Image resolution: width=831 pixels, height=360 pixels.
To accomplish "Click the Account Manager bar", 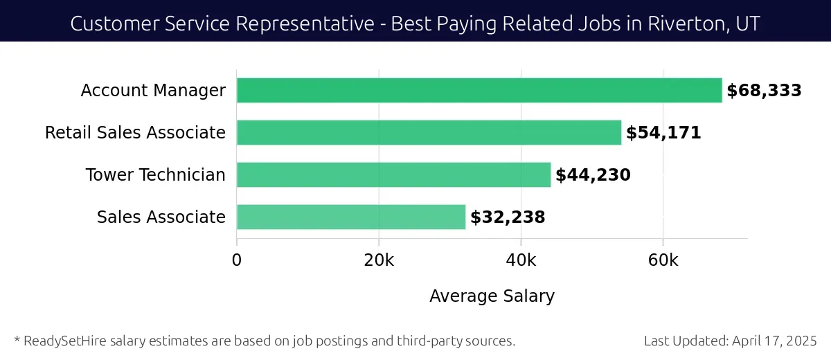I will pos(479,91).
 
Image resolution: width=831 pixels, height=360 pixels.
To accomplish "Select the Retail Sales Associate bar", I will pos(429,133).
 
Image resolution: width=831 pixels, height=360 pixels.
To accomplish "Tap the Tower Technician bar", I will pos(393,175).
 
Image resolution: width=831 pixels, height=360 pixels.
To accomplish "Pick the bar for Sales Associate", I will pos(351,217).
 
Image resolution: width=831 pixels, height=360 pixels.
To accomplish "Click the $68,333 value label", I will pos(764,91).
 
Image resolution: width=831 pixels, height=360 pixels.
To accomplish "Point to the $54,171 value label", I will pos(663,133).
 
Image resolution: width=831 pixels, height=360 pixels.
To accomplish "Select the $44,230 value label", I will pos(593,175).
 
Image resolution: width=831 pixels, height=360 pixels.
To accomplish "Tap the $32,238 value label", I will pos(508,217).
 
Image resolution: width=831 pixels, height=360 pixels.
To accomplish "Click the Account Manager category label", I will pos(153,91).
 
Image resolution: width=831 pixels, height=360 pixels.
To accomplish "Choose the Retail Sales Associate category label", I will pos(135,133).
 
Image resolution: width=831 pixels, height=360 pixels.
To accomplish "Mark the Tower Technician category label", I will pos(155,175).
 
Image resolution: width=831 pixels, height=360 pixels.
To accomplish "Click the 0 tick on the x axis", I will pos(237,260).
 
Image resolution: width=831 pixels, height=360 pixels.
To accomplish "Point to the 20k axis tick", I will pos(379,260).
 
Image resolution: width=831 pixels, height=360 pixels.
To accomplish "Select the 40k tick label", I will pos(521,260).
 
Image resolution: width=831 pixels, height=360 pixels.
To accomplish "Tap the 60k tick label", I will pos(663,260).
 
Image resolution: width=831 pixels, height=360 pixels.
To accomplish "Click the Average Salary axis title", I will pos(492,296).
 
